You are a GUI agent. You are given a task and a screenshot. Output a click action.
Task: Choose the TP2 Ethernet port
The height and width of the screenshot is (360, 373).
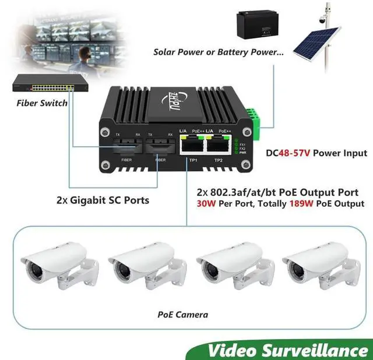click(217, 145)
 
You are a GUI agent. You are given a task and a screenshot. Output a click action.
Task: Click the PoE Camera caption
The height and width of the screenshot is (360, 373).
click(182, 315)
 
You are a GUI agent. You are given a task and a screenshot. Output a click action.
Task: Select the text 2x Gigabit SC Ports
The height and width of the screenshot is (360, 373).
click(103, 200)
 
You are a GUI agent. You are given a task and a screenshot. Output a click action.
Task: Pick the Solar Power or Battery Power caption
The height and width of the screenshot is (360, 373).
click(219, 52)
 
